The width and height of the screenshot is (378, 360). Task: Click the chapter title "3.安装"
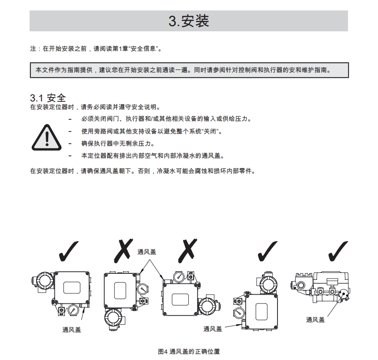pos(189,21)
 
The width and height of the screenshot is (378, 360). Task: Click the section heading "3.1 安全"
pos(47,98)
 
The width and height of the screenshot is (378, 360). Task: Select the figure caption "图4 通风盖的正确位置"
pos(188,351)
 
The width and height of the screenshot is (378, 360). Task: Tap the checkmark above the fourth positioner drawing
pos(267,251)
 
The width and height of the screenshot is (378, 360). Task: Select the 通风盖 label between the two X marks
pos(147,252)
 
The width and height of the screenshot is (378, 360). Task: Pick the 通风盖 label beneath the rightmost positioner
pos(315,320)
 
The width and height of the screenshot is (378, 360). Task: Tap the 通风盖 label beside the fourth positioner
pos(213,329)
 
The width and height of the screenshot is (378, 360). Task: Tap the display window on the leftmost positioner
pos(72,288)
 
